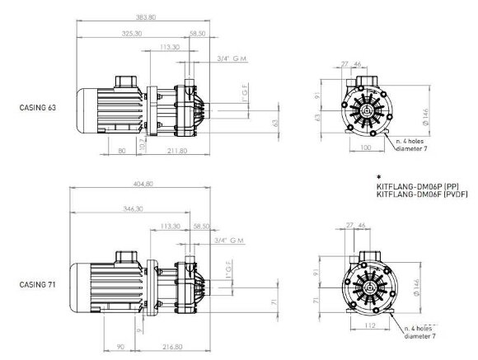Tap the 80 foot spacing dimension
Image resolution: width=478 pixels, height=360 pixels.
(x=122, y=152)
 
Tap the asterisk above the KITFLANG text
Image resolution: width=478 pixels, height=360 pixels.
(x=378, y=177)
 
